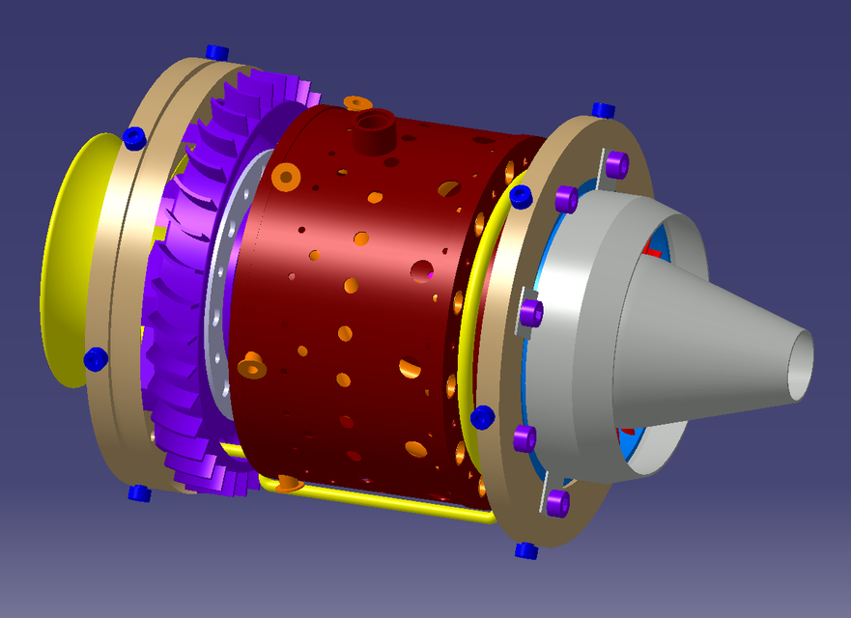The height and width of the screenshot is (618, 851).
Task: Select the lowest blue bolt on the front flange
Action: point(139,493)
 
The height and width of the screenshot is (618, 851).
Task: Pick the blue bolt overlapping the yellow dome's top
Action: point(134,138)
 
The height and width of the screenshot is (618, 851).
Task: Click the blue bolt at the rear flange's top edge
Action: point(604,110)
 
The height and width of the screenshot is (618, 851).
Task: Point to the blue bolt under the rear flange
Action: point(525,550)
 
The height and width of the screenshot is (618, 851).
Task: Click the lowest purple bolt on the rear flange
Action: point(557,502)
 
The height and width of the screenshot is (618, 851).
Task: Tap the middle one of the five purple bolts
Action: point(530,313)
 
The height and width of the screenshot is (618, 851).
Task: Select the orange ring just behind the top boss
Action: point(357,102)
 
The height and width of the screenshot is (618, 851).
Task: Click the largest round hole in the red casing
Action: point(421,271)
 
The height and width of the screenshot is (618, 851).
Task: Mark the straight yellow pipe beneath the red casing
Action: point(386,501)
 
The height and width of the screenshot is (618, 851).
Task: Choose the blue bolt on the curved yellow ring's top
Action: point(521,197)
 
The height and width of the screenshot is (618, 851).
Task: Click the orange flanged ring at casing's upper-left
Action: point(285,176)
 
